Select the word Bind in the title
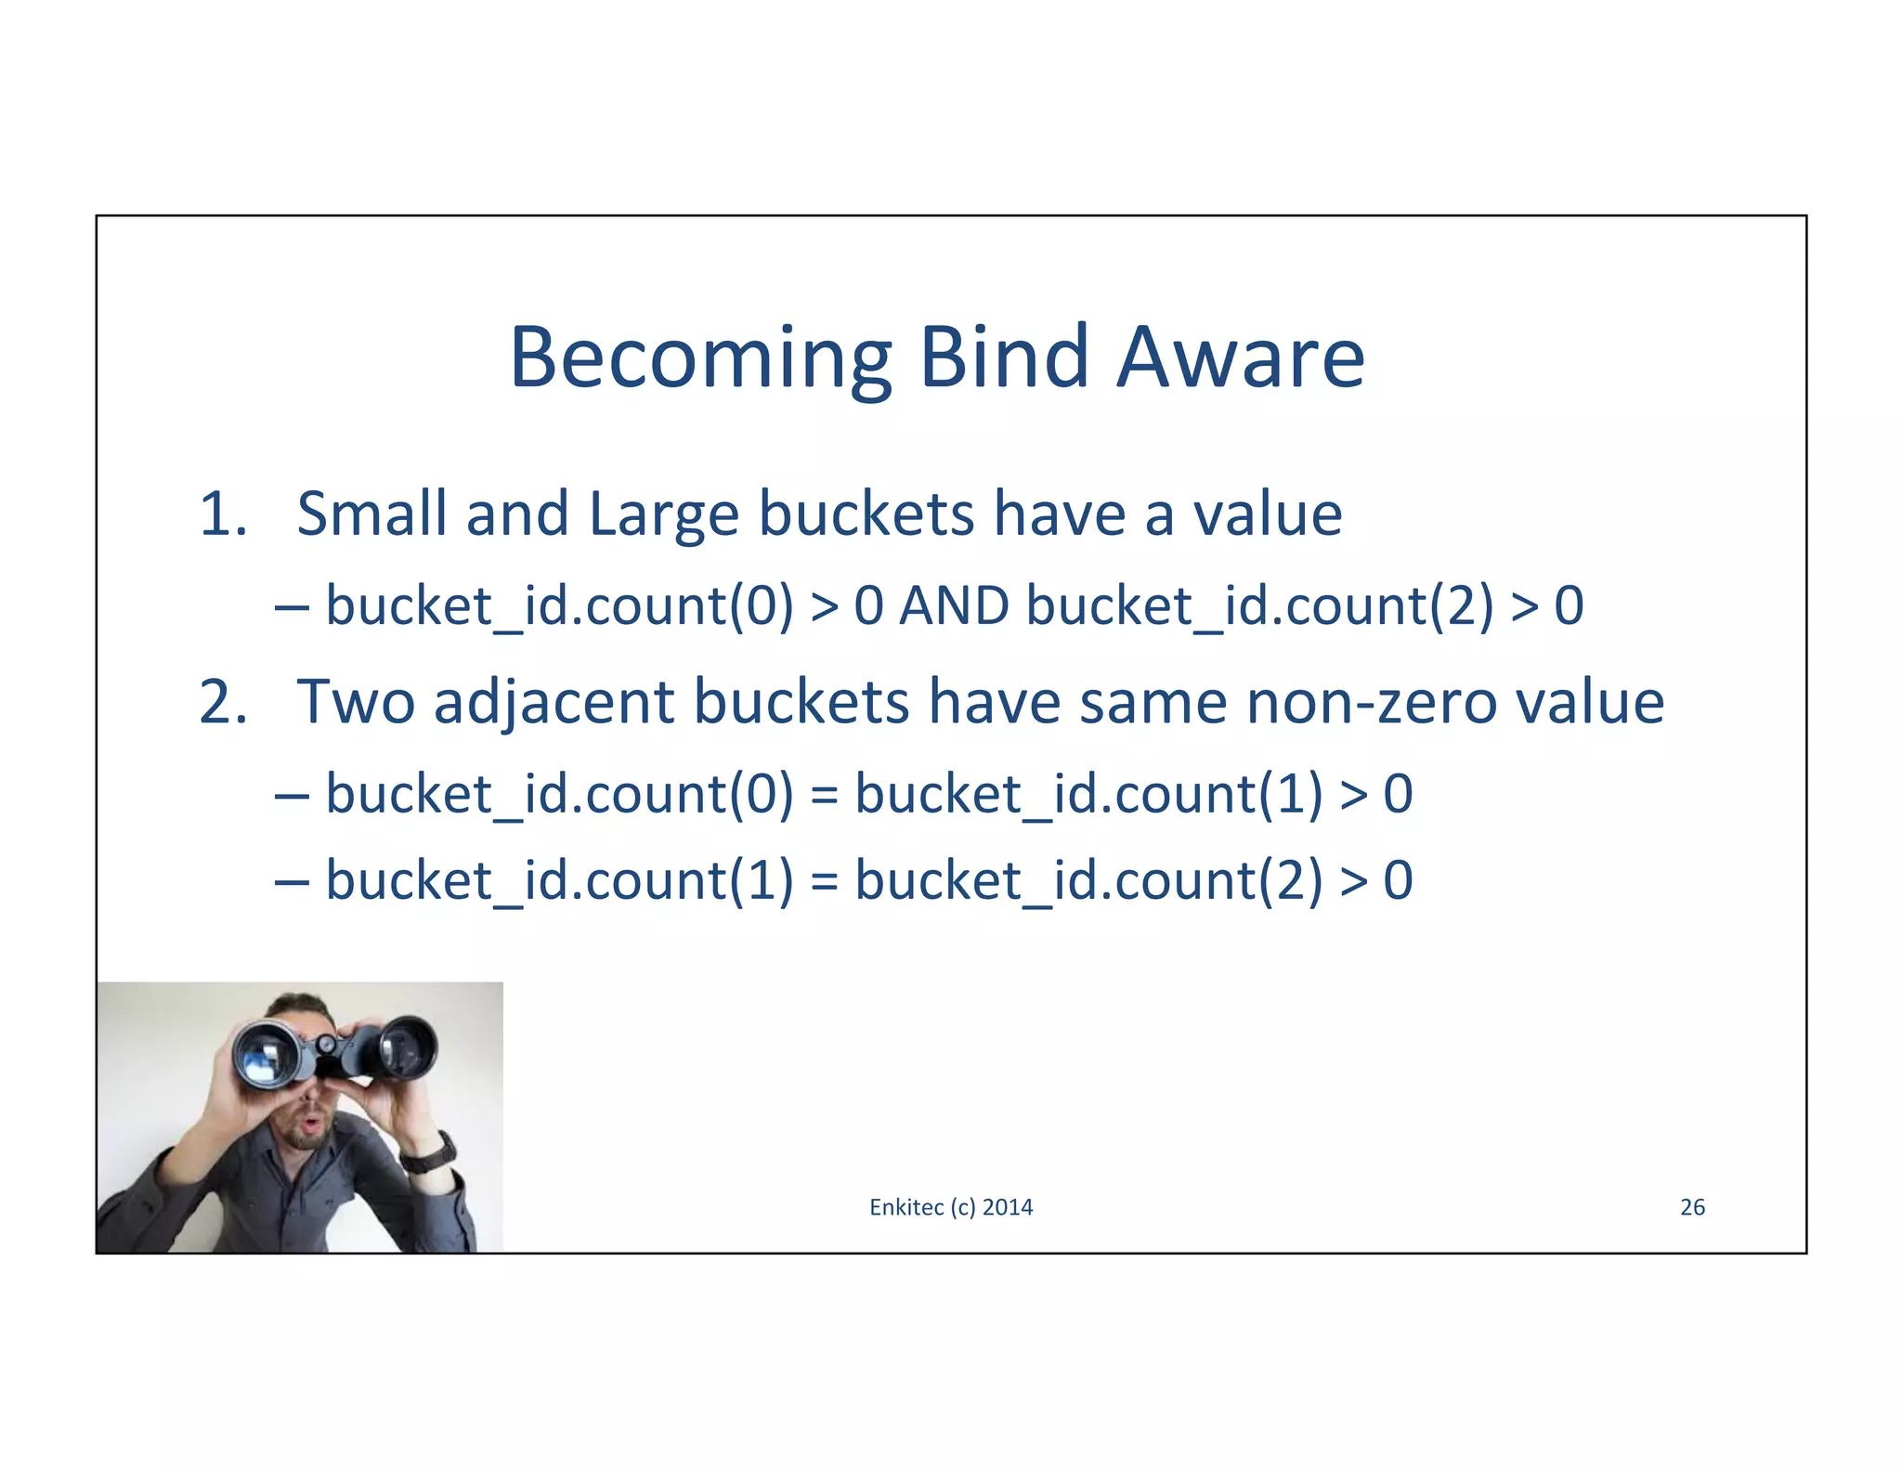(1003, 358)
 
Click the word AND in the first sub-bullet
(954, 606)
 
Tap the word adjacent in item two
(554, 704)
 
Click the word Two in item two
(355, 702)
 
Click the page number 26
(1692, 1207)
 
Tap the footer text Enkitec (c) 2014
(951, 1207)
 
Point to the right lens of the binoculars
(406, 1047)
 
